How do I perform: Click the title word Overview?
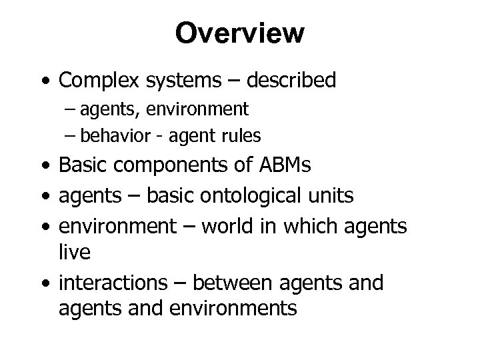239,33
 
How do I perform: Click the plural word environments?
240,308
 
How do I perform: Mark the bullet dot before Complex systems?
44,81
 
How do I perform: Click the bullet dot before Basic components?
44,166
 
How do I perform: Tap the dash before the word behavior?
72,136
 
